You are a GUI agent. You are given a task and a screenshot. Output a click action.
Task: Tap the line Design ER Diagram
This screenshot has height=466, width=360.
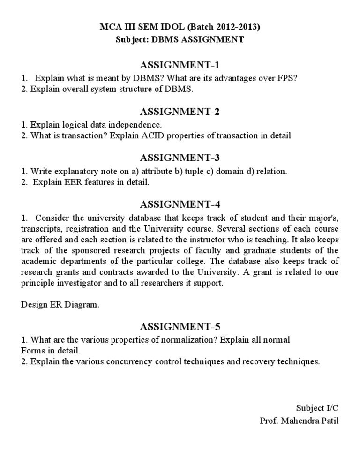point(60,305)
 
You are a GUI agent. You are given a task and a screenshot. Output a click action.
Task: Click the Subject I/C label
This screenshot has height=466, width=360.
point(317,408)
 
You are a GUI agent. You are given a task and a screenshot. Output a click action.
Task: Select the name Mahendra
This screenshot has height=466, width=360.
point(302,420)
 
